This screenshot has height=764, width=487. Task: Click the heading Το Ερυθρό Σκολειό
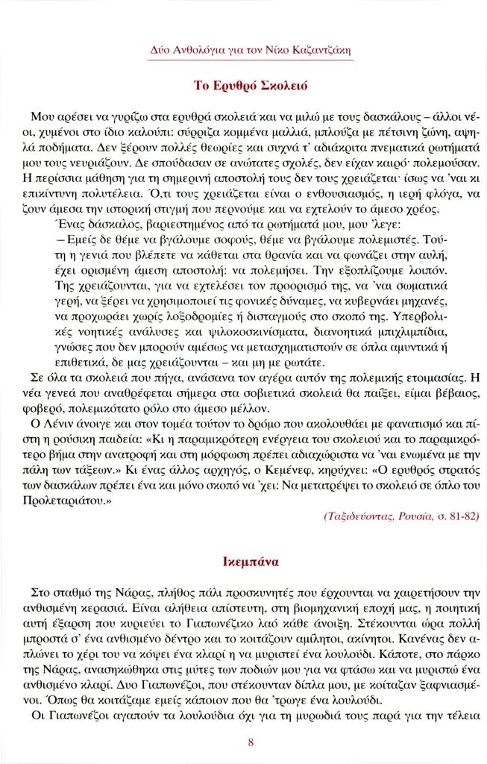244,85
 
